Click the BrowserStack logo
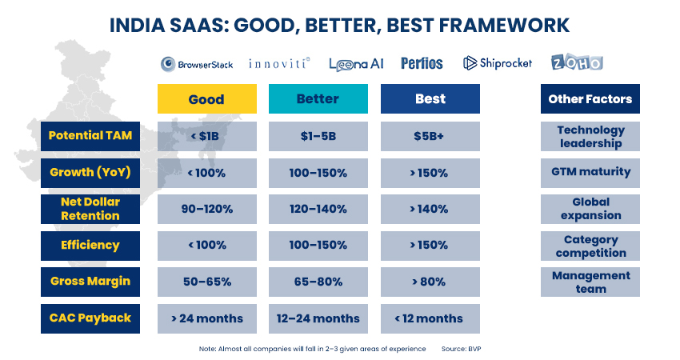pyautogui.click(x=197, y=64)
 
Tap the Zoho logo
pyautogui.click(x=577, y=62)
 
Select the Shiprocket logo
pyautogui.click(x=498, y=63)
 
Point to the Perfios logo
pyautogui.click(x=422, y=64)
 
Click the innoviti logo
pyautogui.click(x=279, y=64)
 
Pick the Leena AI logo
pyautogui.click(x=356, y=65)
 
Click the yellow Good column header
pyautogui.click(x=207, y=99)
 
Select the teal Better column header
pyautogui.click(x=318, y=99)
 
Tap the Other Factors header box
pyautogui.click(x=590, y=99)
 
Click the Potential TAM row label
pyautogui.click(x=90, y=136)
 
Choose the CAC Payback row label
pyautogui.click(x=90, y=318)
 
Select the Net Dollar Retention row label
pyautogui.click(x=90, y=209)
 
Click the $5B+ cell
pyautogui.click(x=430, y=136)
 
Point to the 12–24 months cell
pyautogui.click(x=318, y=318)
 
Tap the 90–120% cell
pyautogui.click(x=207, y=209)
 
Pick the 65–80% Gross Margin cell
pyautogui.click(x=318, y=282)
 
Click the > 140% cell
pyautogui.click(x=430, y=209)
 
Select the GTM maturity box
pyautogui.click(x=590, y=173)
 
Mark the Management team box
pyautogui.click(x=590, y=282)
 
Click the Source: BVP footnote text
pyautogui.click(x=461, y=349)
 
